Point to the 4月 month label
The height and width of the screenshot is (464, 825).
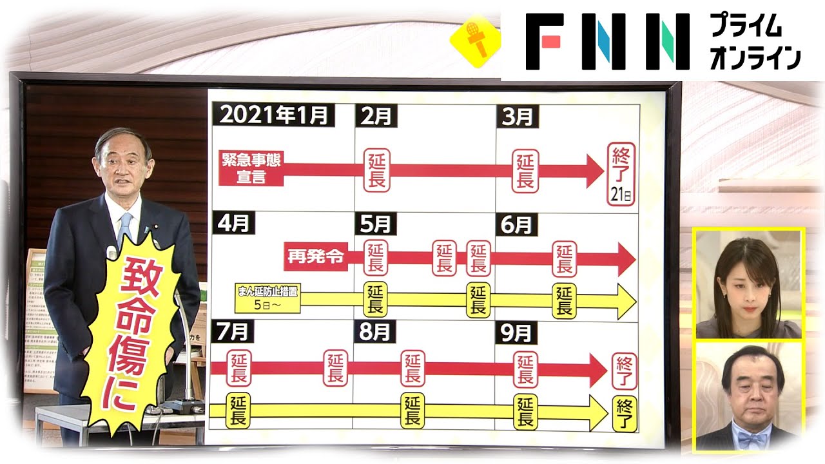234,222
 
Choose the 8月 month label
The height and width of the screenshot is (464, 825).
375,331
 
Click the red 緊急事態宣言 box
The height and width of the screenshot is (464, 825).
251,168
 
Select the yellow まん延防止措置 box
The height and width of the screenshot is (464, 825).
267,298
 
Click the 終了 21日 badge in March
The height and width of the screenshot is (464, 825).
621,173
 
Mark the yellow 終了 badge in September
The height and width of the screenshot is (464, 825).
624,412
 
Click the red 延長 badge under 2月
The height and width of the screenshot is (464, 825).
376,170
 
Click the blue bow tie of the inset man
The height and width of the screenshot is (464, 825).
753,439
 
